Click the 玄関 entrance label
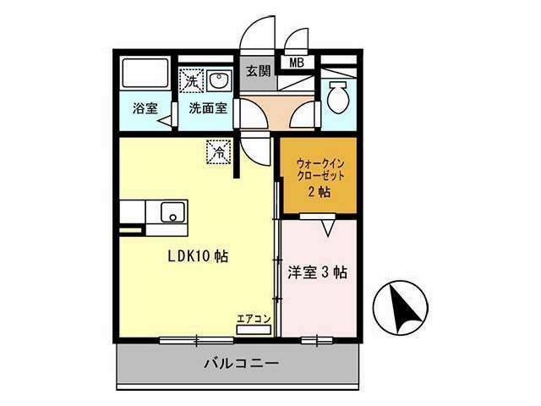(x=258, y=71)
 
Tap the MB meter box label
(x=297, y=63)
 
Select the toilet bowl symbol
(x=338, y=97)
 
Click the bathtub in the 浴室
(x=145, y=73)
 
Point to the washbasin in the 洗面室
(x=218, y=81)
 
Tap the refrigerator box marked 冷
(x=219, y=151)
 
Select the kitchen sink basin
(x=172, y=212)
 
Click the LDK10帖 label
(x=198, y=256)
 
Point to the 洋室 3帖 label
(x=318, y=272)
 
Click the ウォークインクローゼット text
(x=320, y=169)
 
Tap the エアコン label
(x=254, y=319)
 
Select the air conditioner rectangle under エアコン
(x=254, y=330)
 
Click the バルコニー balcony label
(x=241, y=364)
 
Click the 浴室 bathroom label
(x=145, y=108)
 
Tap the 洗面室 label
(x=208, y=108)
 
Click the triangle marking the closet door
(x=328, y=228)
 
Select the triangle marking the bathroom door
(x=166, y=120)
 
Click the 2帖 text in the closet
(x=320, y=192)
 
